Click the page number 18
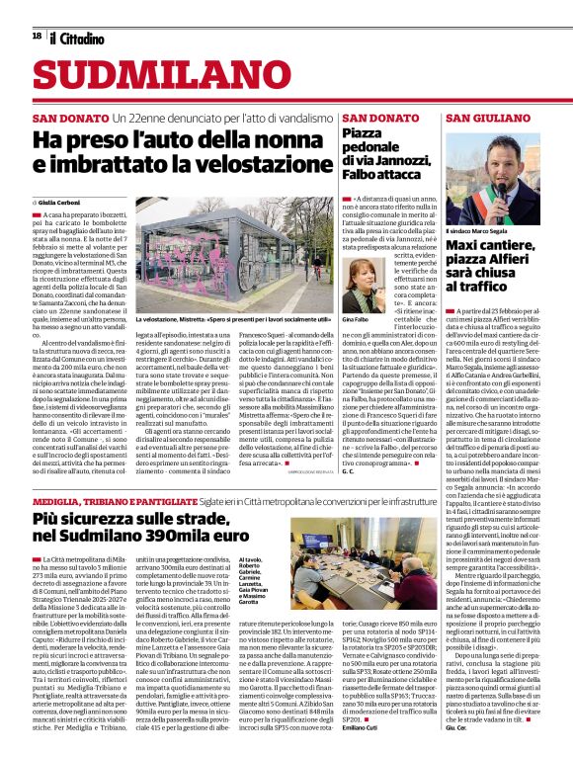tap(37, 37)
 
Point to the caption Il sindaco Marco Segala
tap(478, 230)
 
